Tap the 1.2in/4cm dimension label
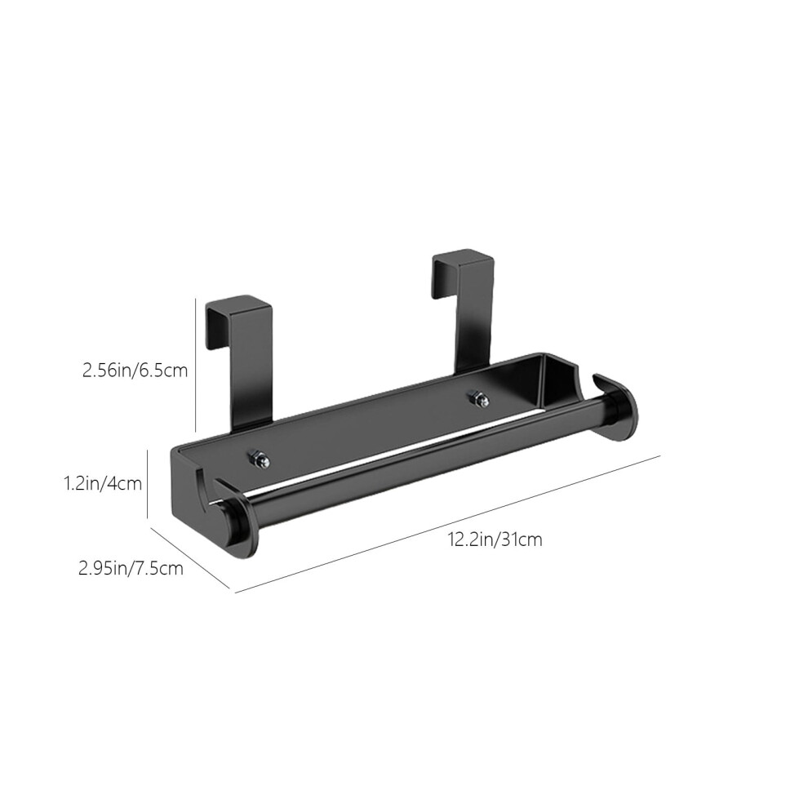coord(102,483)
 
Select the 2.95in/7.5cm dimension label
coord(131,568)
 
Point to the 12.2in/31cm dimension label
coord(495,539)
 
